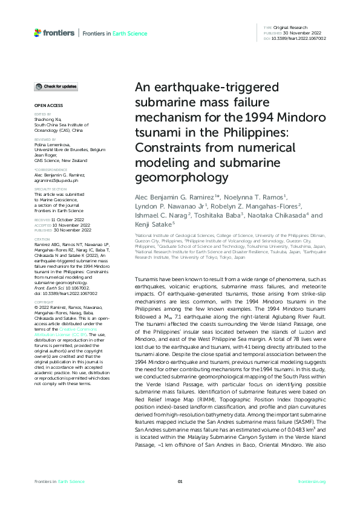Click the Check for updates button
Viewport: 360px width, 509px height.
tap(56, 87)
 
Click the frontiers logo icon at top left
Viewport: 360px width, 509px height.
tap(38, 32)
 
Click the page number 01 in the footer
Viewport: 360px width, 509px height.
tap(180, 481)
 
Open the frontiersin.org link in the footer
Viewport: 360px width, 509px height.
tap(312, 481)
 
